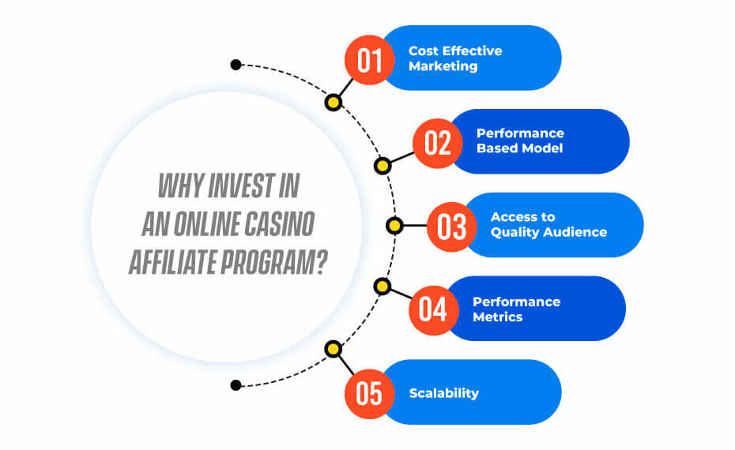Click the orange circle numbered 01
[x=369, y=60]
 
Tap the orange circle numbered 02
[x=438, y=143]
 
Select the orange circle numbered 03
[x=452, y=227]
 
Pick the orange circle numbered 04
[x=434, y=310]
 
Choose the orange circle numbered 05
[x=369, y=394]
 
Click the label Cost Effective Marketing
[x=455, y=58]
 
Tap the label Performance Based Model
[x=520, y=141]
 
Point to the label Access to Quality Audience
[x=549, y=225]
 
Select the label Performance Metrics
[x=517, y=309]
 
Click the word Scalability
[x=444, y=393]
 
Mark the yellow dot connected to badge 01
[x=334, y=102]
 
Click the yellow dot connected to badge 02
[x=383, y=166]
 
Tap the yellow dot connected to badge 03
[x=394, y=226]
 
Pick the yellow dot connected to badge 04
[x=383, y=286]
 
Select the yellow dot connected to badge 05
[x=334, y=349]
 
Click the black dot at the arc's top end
[x=236, y=65]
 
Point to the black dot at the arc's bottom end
[x=236, y=385]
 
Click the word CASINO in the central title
[x=279, y=224]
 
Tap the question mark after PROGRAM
[x=321, y=262]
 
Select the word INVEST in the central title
[x=241, y=186]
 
